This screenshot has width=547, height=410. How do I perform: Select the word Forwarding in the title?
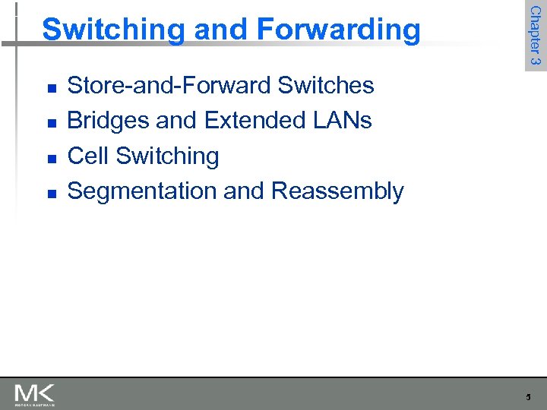click(338, 30)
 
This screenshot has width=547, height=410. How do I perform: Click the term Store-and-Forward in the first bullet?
click(169, 86)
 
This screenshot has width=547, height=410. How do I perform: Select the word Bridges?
click(109, 121)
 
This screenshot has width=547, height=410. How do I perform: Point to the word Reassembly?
click(337, 191)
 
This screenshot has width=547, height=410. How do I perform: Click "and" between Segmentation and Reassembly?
click(244, 191)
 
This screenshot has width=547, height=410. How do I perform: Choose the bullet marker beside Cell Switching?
click(50, 159)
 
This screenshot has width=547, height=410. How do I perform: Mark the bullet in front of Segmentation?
click(50, 194)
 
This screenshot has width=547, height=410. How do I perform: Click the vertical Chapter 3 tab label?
click(535, 36)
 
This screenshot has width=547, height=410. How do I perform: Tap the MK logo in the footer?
click(34, 394)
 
